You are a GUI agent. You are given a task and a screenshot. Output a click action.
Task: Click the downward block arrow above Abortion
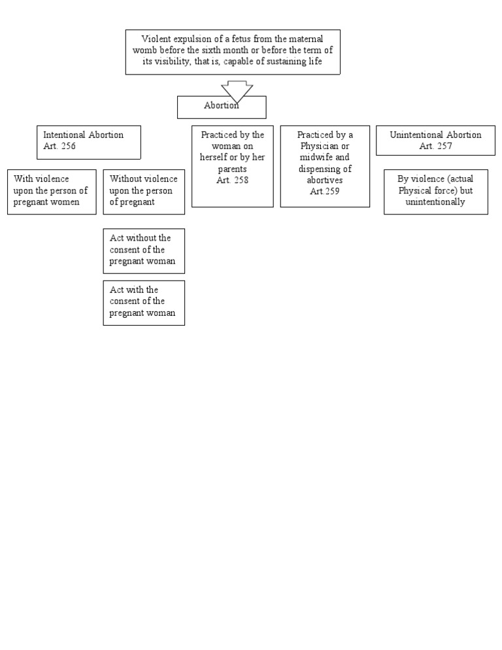pyautogui.click(x=237, y=90)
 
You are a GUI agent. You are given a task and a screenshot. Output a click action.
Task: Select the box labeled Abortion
pyautogui.click(x=221, y=108)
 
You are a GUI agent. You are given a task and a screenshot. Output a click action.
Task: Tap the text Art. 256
pyautogui.click(x=59, y=146)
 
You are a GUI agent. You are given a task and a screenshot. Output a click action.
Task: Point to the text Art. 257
pyautogui.click(x=435, y=146)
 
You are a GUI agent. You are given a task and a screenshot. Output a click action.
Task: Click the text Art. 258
pyautogui.click(x=233, y=181)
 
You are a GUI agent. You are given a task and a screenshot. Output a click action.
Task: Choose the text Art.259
pyautogui.click(x=325, y=192)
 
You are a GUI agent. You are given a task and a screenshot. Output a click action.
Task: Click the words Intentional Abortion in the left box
pyautogui.click(x=83, y=135)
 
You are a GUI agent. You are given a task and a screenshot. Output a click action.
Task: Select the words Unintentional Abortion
pyautogui.click(x=435, y=135)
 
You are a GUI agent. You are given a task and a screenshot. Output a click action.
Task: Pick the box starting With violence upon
pyautogui.click(x=52, y=191)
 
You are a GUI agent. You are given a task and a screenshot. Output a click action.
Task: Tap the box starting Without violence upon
pyautogui.click(x=144, y=191)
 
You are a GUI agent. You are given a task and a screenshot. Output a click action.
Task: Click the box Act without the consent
pyautogui.click(x=144, y=250)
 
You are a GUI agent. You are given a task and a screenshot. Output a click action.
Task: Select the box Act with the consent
pyautogui.click(x=144, y=302)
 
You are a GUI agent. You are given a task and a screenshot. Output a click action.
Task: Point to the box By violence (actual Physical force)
pyautogui.click(x=435, y=191)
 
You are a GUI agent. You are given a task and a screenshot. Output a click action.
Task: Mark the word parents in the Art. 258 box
pyautogui.click(x=233, y=169)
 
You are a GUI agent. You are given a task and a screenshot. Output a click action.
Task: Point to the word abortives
pyautogui.click(x=325, y=180)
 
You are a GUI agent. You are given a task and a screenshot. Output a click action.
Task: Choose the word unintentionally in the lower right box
pyautogui.click(x=435, y=202)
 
